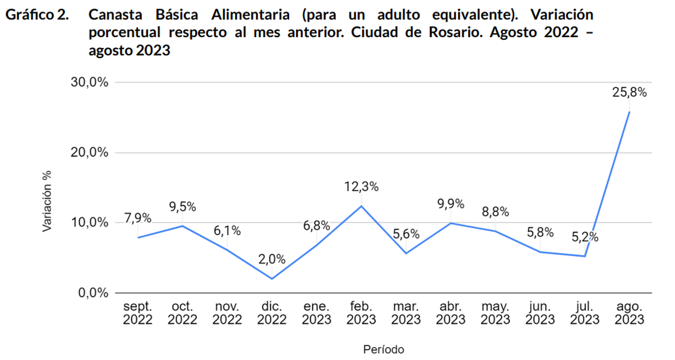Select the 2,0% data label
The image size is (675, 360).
coord(272,259)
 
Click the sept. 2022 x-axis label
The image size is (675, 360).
coord(138,313)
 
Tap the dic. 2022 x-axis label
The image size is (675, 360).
coord(272,313)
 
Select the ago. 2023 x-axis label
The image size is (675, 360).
coord(629,313)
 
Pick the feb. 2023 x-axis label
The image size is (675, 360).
coord(361,313)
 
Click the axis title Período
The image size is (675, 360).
coord(383,349)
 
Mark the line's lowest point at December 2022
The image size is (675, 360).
coord(272,278)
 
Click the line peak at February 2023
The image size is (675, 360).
coord(361,206)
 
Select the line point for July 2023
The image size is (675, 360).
coord(585,256)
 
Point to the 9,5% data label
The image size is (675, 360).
coord(183,206)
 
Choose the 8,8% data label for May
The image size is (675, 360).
coord(496,212)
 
